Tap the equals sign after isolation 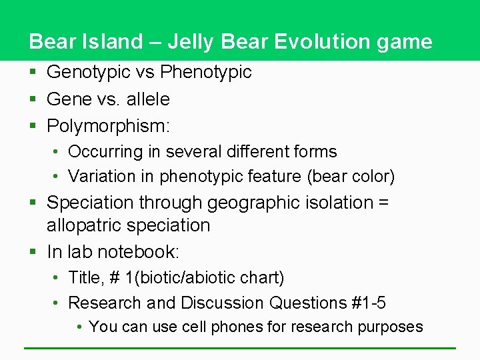383,202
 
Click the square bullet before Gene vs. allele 32,99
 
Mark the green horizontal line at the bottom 240,348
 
